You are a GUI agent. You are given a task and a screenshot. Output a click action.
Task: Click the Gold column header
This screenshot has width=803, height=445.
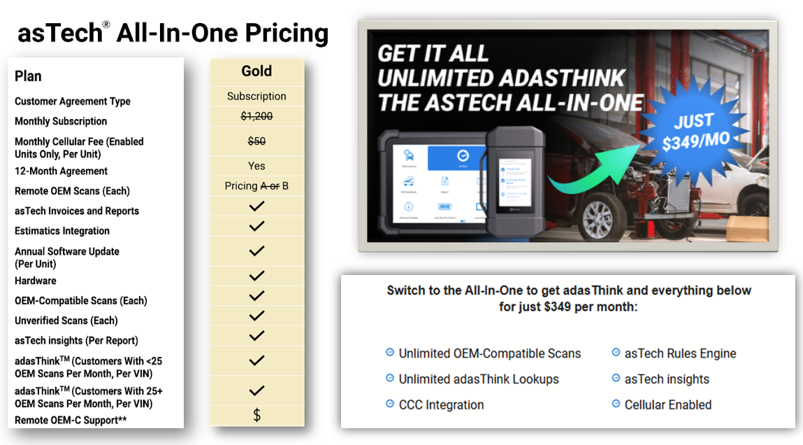pos(256,71)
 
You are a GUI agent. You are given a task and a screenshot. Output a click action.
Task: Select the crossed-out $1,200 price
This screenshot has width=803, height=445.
pos(256,117)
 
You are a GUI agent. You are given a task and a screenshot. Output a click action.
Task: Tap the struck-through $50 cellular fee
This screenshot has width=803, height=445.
pos(256,141)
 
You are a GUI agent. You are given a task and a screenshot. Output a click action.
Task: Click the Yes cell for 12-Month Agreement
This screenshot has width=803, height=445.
pos(256,166)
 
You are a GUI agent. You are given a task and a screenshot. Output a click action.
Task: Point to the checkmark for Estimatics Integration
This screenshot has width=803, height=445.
pos(256,227)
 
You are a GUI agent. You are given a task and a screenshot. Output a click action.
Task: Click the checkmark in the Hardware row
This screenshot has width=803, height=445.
pos(256,276)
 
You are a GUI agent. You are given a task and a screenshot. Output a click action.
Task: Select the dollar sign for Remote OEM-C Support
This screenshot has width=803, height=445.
pos(256,416)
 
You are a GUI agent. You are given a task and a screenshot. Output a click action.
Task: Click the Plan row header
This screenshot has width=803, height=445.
pos(28,76)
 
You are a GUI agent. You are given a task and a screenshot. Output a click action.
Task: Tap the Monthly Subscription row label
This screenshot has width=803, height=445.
pos(61,121)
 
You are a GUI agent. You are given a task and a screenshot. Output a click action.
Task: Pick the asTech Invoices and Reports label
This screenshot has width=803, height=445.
pos(77,211)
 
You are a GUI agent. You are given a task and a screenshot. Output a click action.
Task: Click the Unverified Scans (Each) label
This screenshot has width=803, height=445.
pos(66,320)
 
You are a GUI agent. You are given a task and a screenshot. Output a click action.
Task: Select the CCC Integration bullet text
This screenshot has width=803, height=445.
pos(441,404)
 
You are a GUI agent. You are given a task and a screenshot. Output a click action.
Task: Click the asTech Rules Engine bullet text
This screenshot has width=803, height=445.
pos(680,353)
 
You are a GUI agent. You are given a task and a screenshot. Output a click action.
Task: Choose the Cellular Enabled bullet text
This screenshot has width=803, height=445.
pos(667,404)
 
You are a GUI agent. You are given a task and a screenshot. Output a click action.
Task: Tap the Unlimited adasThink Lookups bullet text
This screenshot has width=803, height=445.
pos(479,379)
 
